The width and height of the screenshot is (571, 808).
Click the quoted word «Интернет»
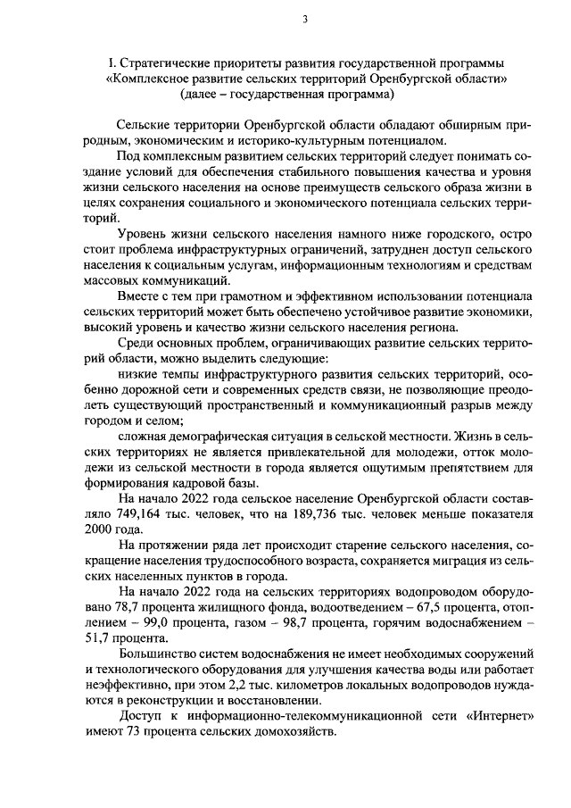tap(498, 717)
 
